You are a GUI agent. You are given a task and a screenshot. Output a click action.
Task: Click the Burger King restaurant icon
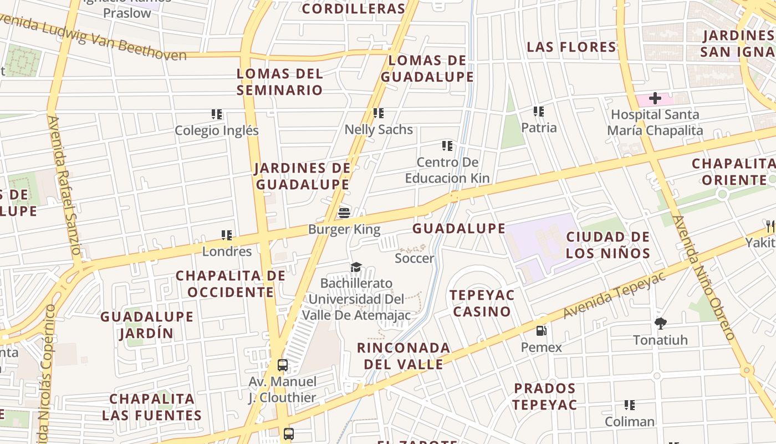click(344, 213)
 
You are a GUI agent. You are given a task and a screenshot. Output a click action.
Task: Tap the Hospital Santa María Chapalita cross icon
click(655, 99)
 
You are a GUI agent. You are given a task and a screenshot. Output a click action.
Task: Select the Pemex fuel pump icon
click(541, 331)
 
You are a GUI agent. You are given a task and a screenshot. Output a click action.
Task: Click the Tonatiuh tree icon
click(660, 323)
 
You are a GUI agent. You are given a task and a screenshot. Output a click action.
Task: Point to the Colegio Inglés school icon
click(217, 114)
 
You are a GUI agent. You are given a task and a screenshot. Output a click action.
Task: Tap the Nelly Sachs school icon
click(379, 113)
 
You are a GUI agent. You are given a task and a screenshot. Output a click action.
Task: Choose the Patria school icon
click(539, 112)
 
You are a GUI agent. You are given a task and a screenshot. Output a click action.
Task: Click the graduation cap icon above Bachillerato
click(356, 267)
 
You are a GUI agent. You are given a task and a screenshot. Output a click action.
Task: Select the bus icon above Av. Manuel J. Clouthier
click(283, 365)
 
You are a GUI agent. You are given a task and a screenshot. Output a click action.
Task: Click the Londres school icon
click(227, 235)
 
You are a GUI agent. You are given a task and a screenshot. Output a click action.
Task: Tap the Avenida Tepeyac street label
click(614, 295)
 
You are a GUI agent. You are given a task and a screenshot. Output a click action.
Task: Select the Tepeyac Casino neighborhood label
click(482, 303)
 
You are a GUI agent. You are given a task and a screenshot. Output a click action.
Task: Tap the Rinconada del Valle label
click(403, 356)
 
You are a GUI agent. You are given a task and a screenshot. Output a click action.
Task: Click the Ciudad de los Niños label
click(607, 245)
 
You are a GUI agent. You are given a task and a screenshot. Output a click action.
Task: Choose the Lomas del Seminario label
click(280, 82)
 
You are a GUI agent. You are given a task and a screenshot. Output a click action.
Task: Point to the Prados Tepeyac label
click(544, 396)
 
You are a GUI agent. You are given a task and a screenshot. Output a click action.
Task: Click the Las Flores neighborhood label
click(571, 47)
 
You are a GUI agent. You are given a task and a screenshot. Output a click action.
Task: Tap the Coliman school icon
click(629, 405)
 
